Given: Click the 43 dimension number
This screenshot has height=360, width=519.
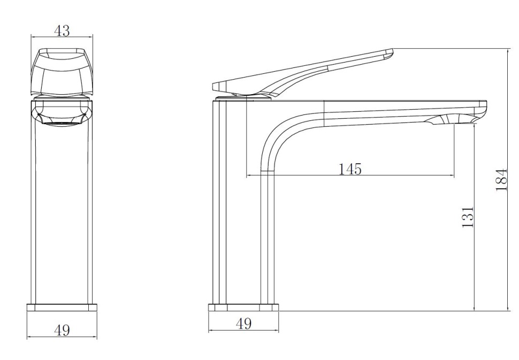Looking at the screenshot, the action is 62,31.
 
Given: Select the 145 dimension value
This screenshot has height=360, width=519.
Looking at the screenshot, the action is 350,169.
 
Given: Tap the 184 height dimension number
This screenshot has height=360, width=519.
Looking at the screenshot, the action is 501,180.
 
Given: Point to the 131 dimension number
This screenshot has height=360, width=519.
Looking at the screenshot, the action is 468,217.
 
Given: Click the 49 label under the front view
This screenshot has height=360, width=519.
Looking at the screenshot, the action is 62,330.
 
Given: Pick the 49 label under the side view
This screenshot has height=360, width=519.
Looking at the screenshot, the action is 243,323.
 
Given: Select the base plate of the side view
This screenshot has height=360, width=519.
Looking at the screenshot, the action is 243,308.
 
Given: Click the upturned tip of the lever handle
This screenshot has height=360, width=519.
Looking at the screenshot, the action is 389,54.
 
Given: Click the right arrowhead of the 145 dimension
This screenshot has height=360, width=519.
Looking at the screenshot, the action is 452,175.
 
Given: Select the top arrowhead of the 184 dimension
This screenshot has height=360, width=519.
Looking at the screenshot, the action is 508,51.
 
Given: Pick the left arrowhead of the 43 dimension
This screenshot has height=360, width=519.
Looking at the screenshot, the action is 33,36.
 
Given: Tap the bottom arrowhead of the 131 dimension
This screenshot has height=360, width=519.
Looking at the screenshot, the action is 475,308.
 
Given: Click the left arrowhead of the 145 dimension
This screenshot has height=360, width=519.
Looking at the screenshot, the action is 249,175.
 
